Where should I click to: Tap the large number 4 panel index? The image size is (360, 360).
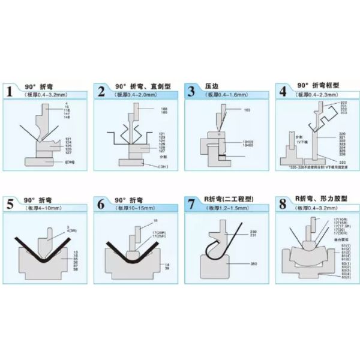[281, 92]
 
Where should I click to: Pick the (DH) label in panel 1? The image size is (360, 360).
[70, 162]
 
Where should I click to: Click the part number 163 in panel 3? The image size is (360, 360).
[247, 110]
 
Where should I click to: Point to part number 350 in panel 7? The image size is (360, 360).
[254, 263]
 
